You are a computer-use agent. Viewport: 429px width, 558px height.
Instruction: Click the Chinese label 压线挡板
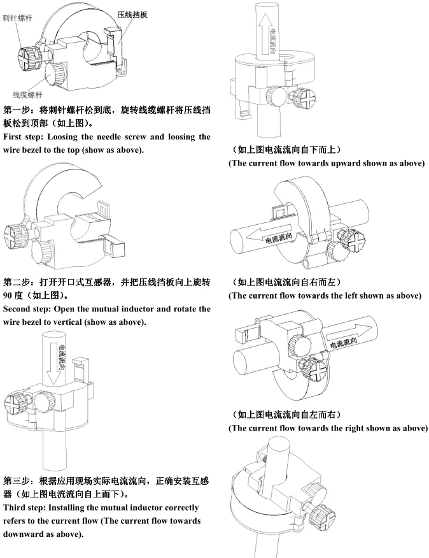coord(133,13)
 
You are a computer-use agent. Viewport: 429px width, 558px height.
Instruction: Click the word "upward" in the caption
coord(355,163)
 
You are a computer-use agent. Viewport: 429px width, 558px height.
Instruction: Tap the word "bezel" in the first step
coord(34,150)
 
